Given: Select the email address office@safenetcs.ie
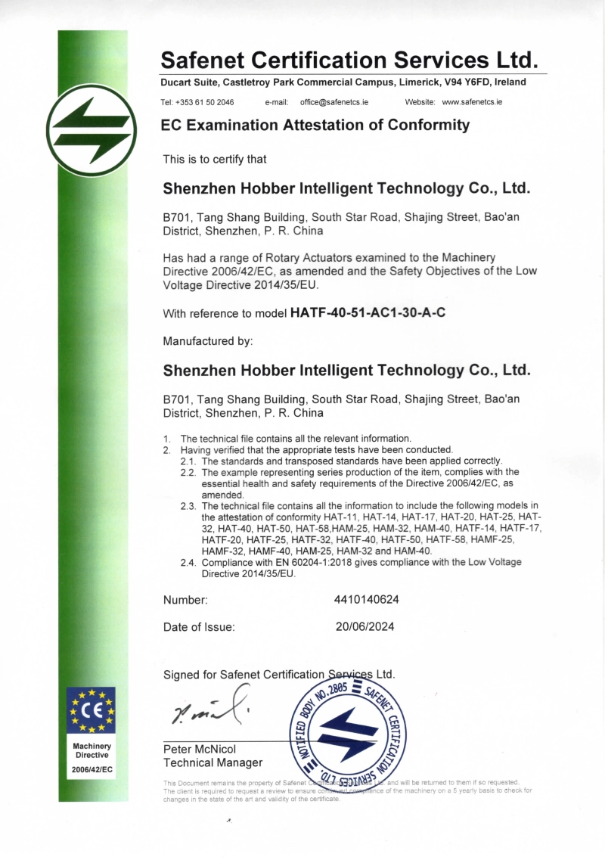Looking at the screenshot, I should coord(334,101).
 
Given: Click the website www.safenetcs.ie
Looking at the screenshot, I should coord(472,101).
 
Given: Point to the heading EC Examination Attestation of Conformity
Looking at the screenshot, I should coord(315,126).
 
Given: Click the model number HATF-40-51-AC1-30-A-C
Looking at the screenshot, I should coord(368,312).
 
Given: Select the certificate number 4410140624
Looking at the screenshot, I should coord(366,600).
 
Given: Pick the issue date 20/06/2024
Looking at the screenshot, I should coord(365,626).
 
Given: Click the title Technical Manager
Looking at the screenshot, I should coord(213,762).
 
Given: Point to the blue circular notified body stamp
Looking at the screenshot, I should coord(348,732).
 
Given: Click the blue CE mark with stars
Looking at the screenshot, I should coord(92,710).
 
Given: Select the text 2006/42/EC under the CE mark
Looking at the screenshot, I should coord(92,769).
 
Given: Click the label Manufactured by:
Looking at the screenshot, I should coord(208,341).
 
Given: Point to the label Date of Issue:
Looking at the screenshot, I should coord(199,626).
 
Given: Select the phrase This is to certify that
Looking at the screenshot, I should coord(215,160).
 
